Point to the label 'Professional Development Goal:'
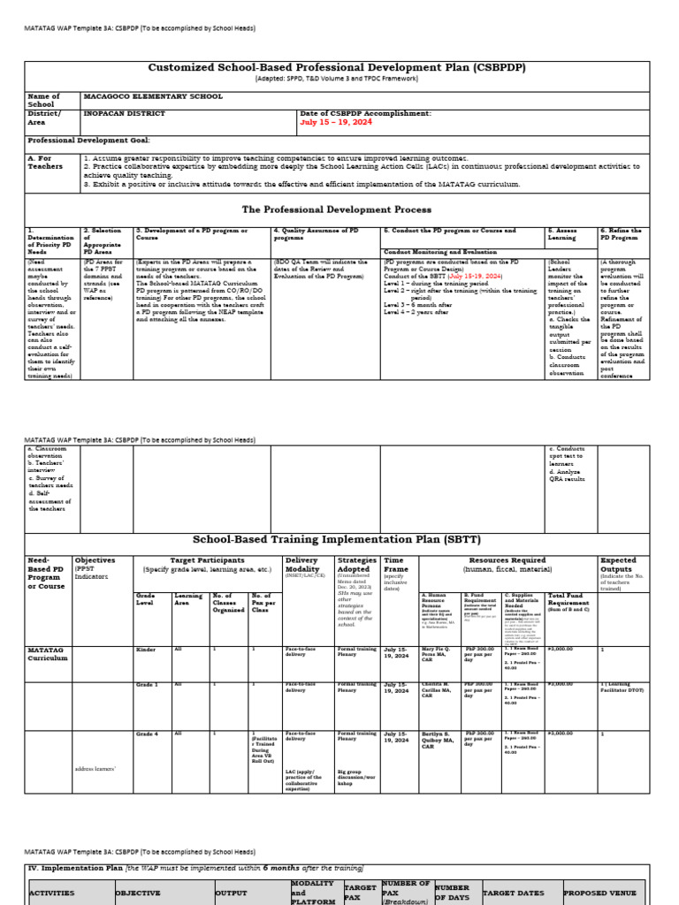tap(88, 141)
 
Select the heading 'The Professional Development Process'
tap(336, 209)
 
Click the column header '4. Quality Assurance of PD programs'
tap(316, 234)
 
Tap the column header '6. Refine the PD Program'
tap(622, 234)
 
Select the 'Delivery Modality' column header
tap(302, 566)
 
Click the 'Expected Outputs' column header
tap(618, 566)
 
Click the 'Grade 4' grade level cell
tap(148, 734)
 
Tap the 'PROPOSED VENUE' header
tap(598, 893)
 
